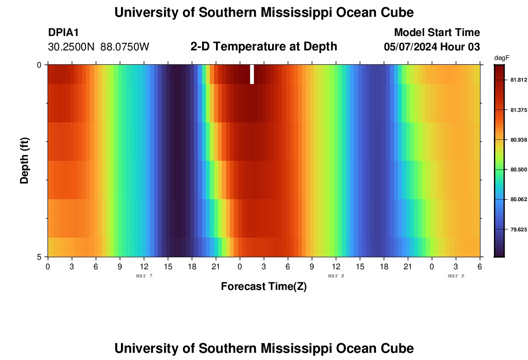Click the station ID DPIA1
(63, 33)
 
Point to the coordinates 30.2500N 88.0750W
(98, 47)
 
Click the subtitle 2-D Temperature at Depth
(264, 47)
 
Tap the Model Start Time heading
(437, 33)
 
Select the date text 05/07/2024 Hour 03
(432, 47)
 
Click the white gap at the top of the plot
(252, 74)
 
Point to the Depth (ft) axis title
(25, 160)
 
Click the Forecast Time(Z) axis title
(264, 287)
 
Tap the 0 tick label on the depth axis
(40, 65)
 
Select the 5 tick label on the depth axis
(40, 257)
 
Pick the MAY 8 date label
(336, 276)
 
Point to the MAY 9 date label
(456, 276)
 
